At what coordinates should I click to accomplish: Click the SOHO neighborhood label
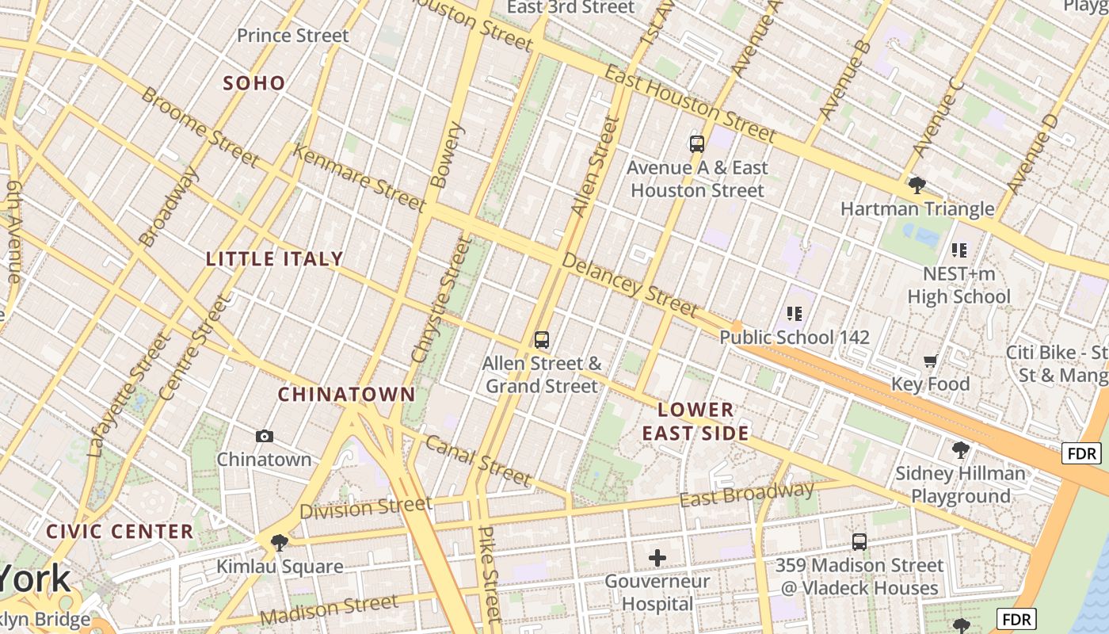253,83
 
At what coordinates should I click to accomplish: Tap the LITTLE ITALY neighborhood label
274,259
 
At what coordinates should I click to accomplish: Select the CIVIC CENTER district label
120,531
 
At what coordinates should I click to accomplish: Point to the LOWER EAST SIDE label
696,422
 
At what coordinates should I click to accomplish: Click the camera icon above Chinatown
265,436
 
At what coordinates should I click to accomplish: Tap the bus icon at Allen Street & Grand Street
542,340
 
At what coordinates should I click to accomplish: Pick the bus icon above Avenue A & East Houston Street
697,144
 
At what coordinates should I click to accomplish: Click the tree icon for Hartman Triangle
917,185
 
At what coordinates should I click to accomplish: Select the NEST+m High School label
958,285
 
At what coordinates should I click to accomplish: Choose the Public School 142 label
794,338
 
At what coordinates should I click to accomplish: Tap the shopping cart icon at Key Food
930,361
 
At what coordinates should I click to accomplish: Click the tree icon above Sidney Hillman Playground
960,451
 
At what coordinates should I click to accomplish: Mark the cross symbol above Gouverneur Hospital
657,558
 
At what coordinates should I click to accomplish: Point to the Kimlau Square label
280,567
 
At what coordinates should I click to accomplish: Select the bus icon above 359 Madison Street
859,542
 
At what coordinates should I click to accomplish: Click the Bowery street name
447,155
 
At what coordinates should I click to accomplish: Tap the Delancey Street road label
629,285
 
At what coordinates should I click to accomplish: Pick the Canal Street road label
477,460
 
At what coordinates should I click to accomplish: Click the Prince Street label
292,36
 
